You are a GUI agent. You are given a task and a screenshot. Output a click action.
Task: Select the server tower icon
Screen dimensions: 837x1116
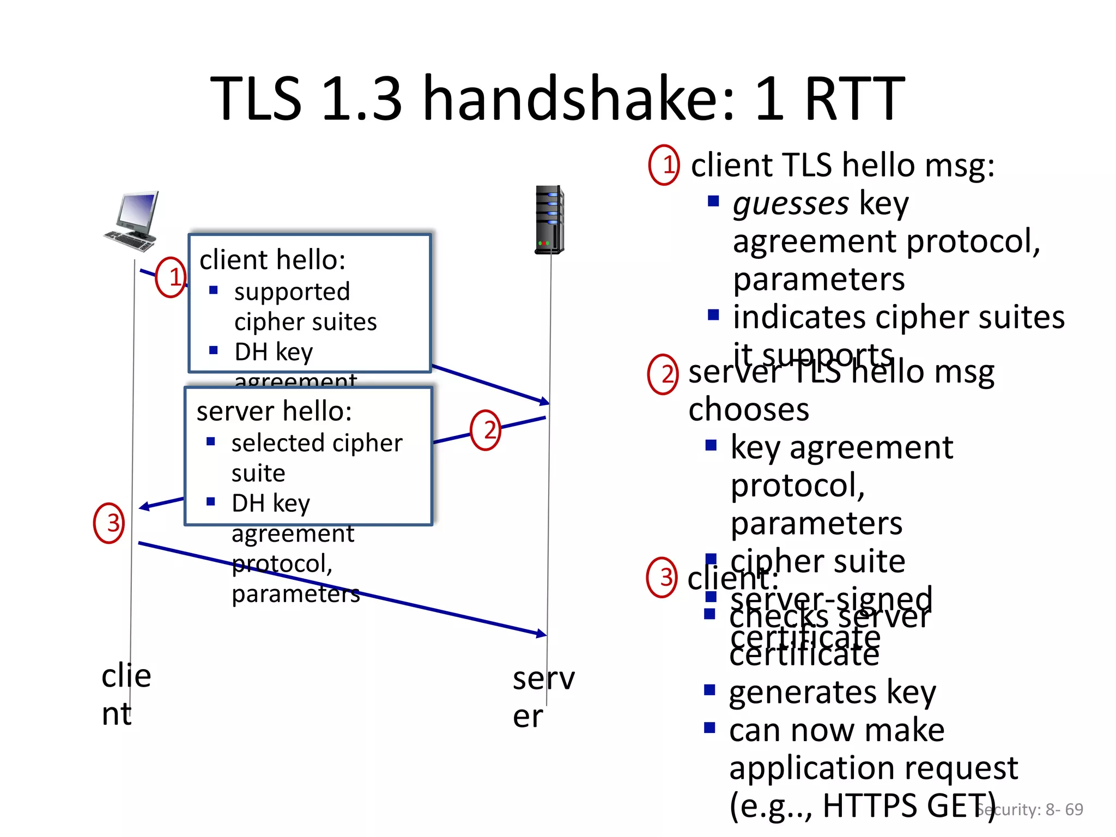click(x=549, y=220)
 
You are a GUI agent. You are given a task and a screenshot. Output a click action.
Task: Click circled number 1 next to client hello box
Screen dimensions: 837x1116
click(x=171, y=277)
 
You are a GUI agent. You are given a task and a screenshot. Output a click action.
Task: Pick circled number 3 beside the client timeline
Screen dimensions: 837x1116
click(x=110, y=523)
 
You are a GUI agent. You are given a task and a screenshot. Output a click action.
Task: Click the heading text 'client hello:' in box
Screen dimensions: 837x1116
click(x=272, y=260)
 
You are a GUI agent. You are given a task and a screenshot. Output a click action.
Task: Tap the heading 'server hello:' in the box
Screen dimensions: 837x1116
click(x=274, y=411)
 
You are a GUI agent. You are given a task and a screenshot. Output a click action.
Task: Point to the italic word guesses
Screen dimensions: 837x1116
click(x=790, y=204)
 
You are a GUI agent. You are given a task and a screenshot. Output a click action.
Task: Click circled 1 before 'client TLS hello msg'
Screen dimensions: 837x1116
click(x=664, y=165)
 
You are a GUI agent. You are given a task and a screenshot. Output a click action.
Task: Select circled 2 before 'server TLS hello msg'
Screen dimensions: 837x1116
click(x=663, y=374)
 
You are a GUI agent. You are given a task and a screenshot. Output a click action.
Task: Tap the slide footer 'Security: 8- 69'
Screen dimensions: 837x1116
click(x=1029, y=810)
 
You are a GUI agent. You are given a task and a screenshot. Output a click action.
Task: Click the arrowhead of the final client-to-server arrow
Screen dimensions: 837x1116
click(x=542, y=634)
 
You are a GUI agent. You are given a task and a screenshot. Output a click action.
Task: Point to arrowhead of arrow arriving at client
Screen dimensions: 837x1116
click(x=143, y=507)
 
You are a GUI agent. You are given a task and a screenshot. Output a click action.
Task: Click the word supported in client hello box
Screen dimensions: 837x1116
click(x=292, y=292)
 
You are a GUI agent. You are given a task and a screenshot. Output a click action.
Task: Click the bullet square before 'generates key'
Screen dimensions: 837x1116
click(x=709, y=690)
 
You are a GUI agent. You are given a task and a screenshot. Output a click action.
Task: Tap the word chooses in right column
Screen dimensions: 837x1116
click(x=749, y=409)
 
